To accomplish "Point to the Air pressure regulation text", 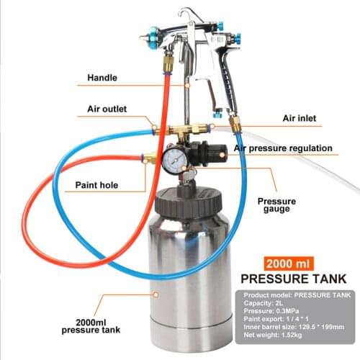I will click(x=283, y=148).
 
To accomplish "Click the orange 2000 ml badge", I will click(x=288, y=263).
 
